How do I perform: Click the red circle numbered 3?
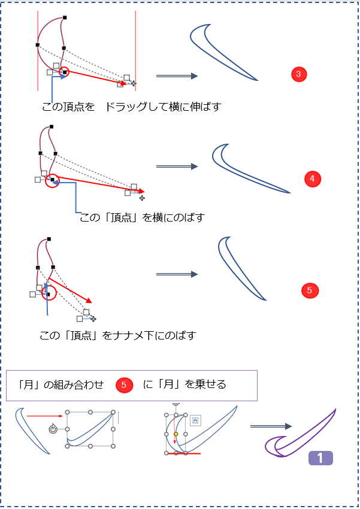[299, 74]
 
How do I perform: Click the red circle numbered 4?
[312, 178]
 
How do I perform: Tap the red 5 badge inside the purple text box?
[124, 385]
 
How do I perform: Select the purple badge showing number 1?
[320, 458]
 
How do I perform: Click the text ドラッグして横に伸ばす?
[164, 107]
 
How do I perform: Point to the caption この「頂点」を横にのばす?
[142, 217]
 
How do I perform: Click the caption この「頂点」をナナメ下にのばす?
[118, 335]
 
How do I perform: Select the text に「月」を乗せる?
[184, 384]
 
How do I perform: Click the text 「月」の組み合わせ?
[60, 384]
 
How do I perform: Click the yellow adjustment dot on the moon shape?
[176, 434]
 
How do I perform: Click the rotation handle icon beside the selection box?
[53, 429]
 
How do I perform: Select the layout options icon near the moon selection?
[195, 420]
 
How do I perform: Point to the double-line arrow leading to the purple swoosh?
[271, 426]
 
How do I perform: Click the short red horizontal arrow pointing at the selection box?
[45, 416]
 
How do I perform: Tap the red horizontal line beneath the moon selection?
[183, 453]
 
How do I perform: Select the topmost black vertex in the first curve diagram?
[65, 17]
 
